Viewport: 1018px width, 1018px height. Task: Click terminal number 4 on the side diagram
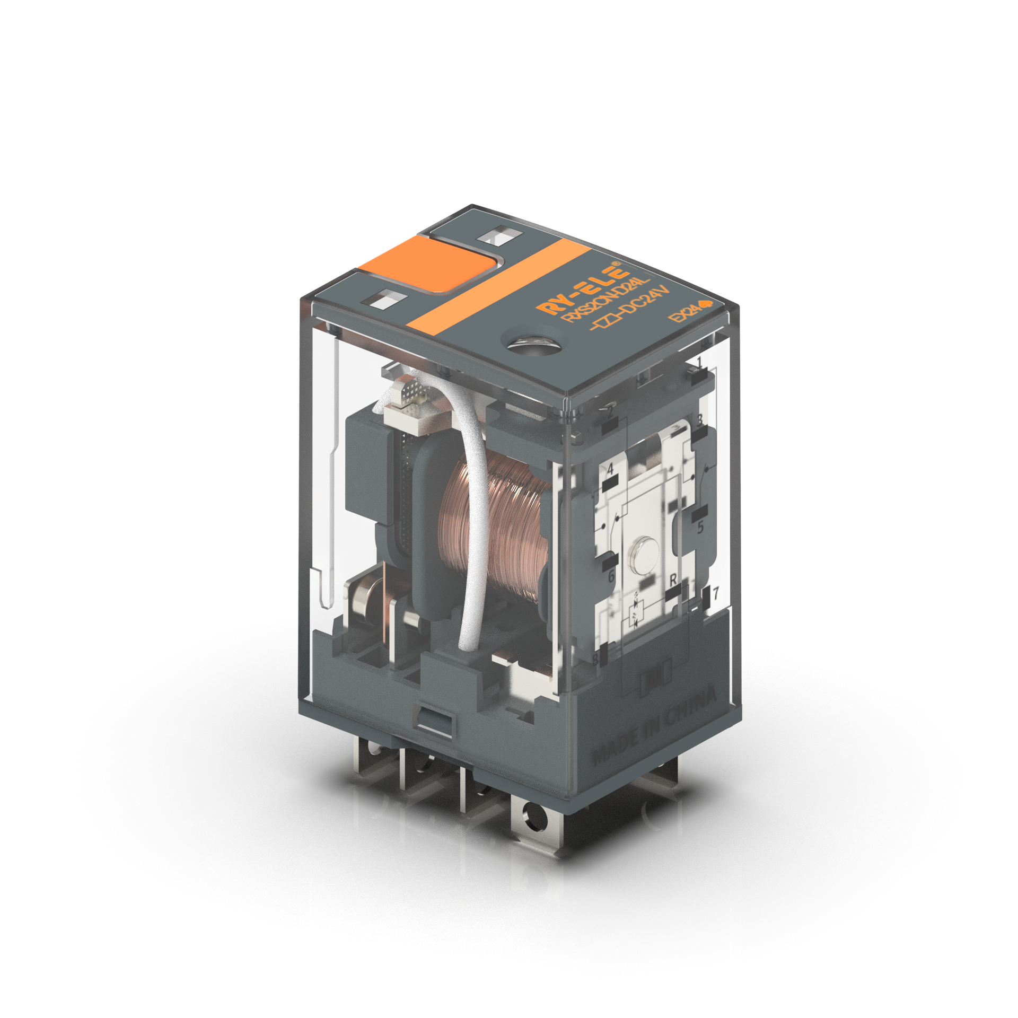point(610,469)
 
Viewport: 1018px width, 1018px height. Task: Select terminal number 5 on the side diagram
point(700,528)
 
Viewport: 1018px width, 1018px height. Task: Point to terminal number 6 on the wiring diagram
point(611,575)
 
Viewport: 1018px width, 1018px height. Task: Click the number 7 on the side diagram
point(716,593)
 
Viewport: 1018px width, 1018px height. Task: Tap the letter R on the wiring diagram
point(673,580)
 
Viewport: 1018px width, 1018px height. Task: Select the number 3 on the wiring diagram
point(699,420)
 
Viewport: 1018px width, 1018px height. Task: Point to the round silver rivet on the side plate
point(643,555)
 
